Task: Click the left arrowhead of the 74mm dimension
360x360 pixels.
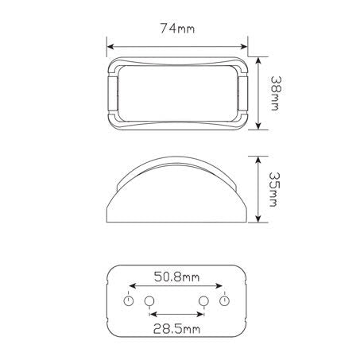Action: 109,45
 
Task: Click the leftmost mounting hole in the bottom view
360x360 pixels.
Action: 128,302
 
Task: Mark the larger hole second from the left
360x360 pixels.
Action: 148,301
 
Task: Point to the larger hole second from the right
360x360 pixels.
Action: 203,301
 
